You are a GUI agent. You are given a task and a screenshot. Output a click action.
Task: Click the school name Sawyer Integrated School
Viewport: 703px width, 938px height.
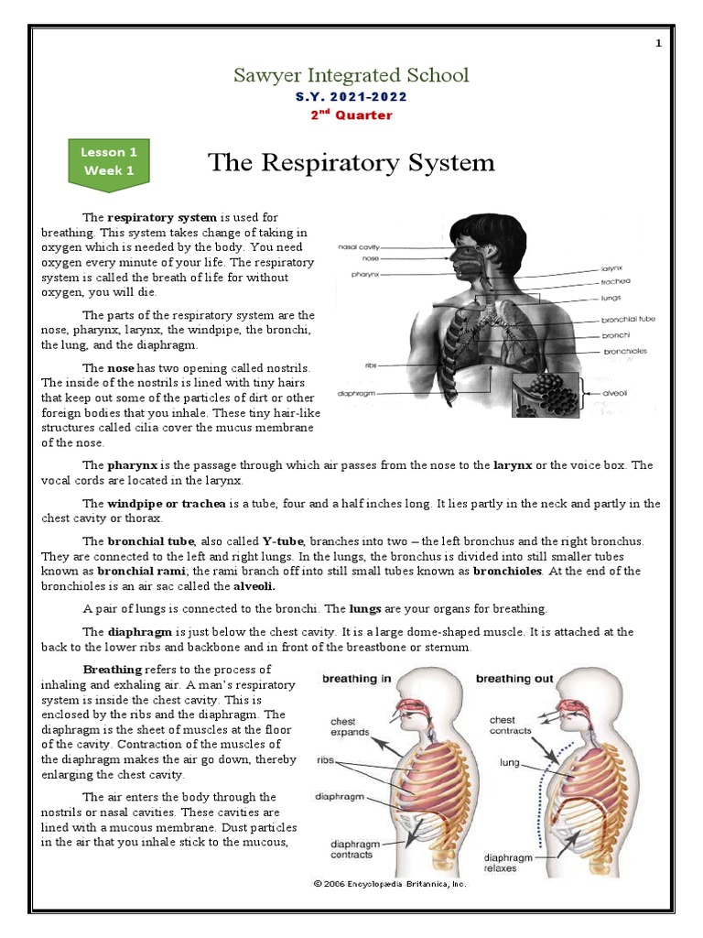click(351, 75)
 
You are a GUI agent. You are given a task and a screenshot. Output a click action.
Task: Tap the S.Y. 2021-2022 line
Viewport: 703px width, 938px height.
click(351, 96)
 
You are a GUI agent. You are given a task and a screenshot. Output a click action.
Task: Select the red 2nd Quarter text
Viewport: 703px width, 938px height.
click(351, 115)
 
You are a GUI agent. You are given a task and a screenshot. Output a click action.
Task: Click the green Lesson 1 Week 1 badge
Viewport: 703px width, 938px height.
click(109, 162)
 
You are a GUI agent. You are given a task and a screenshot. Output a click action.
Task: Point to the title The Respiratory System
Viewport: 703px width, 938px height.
click(351, 163)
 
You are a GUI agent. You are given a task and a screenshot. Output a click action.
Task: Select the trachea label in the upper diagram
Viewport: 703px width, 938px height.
click(615, 282)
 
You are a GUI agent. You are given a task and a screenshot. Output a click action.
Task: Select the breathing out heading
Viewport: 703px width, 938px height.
click(515, 679)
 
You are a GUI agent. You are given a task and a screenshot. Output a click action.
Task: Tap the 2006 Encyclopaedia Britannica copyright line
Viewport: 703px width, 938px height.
click(390, 884)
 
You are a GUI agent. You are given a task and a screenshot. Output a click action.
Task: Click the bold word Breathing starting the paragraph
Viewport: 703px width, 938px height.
click(113, 670)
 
